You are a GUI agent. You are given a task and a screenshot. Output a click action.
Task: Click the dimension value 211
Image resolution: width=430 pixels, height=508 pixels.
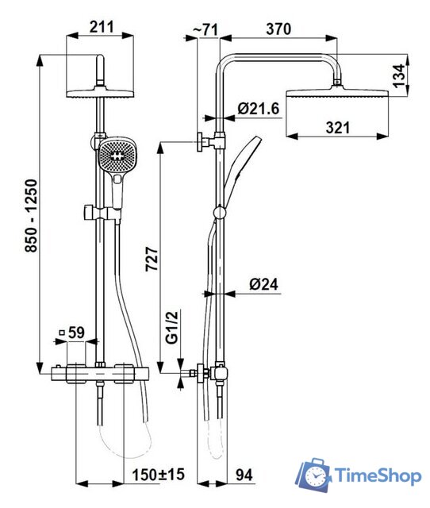(101, 26)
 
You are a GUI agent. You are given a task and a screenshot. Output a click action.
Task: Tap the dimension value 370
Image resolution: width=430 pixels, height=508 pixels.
(278, 28)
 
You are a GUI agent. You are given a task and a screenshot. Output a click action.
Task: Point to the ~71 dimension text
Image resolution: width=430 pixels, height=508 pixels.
(205, 29)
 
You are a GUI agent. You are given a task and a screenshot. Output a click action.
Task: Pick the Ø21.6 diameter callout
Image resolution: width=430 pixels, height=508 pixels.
(259, 108)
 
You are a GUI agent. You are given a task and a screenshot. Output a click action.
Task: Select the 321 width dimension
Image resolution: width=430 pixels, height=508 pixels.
(339, 127)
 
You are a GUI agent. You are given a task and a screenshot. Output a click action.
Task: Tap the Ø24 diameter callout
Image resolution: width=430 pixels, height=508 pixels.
(261, 283)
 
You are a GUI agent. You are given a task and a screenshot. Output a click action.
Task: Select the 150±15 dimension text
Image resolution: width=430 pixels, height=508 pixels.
(158, 474)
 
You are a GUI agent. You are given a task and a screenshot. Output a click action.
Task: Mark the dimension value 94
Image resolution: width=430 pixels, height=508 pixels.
(244, 474)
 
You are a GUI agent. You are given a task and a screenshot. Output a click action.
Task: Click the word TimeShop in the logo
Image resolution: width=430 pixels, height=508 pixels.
(377, 476)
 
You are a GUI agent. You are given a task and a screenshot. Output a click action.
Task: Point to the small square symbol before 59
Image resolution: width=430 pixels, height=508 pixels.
(60, 333)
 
